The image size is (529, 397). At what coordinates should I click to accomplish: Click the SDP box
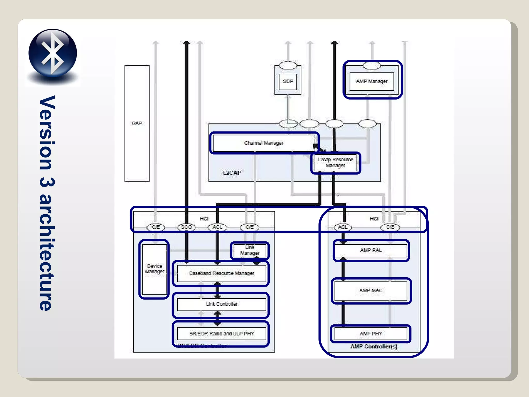(x=288, y=81)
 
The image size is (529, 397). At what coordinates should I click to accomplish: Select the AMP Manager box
(x=372, y=81)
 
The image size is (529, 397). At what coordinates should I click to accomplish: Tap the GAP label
(x=137, y=124)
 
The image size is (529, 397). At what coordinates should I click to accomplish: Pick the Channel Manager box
(x=264, y=143)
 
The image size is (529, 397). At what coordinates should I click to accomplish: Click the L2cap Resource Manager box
(x=335, y=163)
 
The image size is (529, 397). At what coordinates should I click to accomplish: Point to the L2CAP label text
(x=232, y=173)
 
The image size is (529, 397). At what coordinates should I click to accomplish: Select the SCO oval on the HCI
(x=186, y=227)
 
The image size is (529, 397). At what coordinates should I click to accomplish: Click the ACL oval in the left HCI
(x=217, y=227)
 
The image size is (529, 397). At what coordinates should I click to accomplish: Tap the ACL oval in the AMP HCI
(x=343, y=227)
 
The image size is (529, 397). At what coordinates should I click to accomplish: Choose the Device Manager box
(x=154, y=269)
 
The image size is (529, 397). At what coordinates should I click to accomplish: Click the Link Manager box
(x=250, y=250)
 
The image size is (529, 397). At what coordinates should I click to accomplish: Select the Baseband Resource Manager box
(x=221, y=273)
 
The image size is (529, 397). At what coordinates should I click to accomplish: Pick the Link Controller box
(x=221, y=304)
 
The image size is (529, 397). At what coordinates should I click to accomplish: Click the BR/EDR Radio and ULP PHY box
(x=221, y=334)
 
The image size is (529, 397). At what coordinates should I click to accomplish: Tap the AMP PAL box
(x=371, y=250)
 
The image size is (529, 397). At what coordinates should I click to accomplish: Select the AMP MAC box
(x=371, y=291)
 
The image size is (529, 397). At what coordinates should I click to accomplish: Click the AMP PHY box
(x=371, y=334)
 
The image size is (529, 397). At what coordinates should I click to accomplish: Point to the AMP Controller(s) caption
(x=374, y=347)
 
